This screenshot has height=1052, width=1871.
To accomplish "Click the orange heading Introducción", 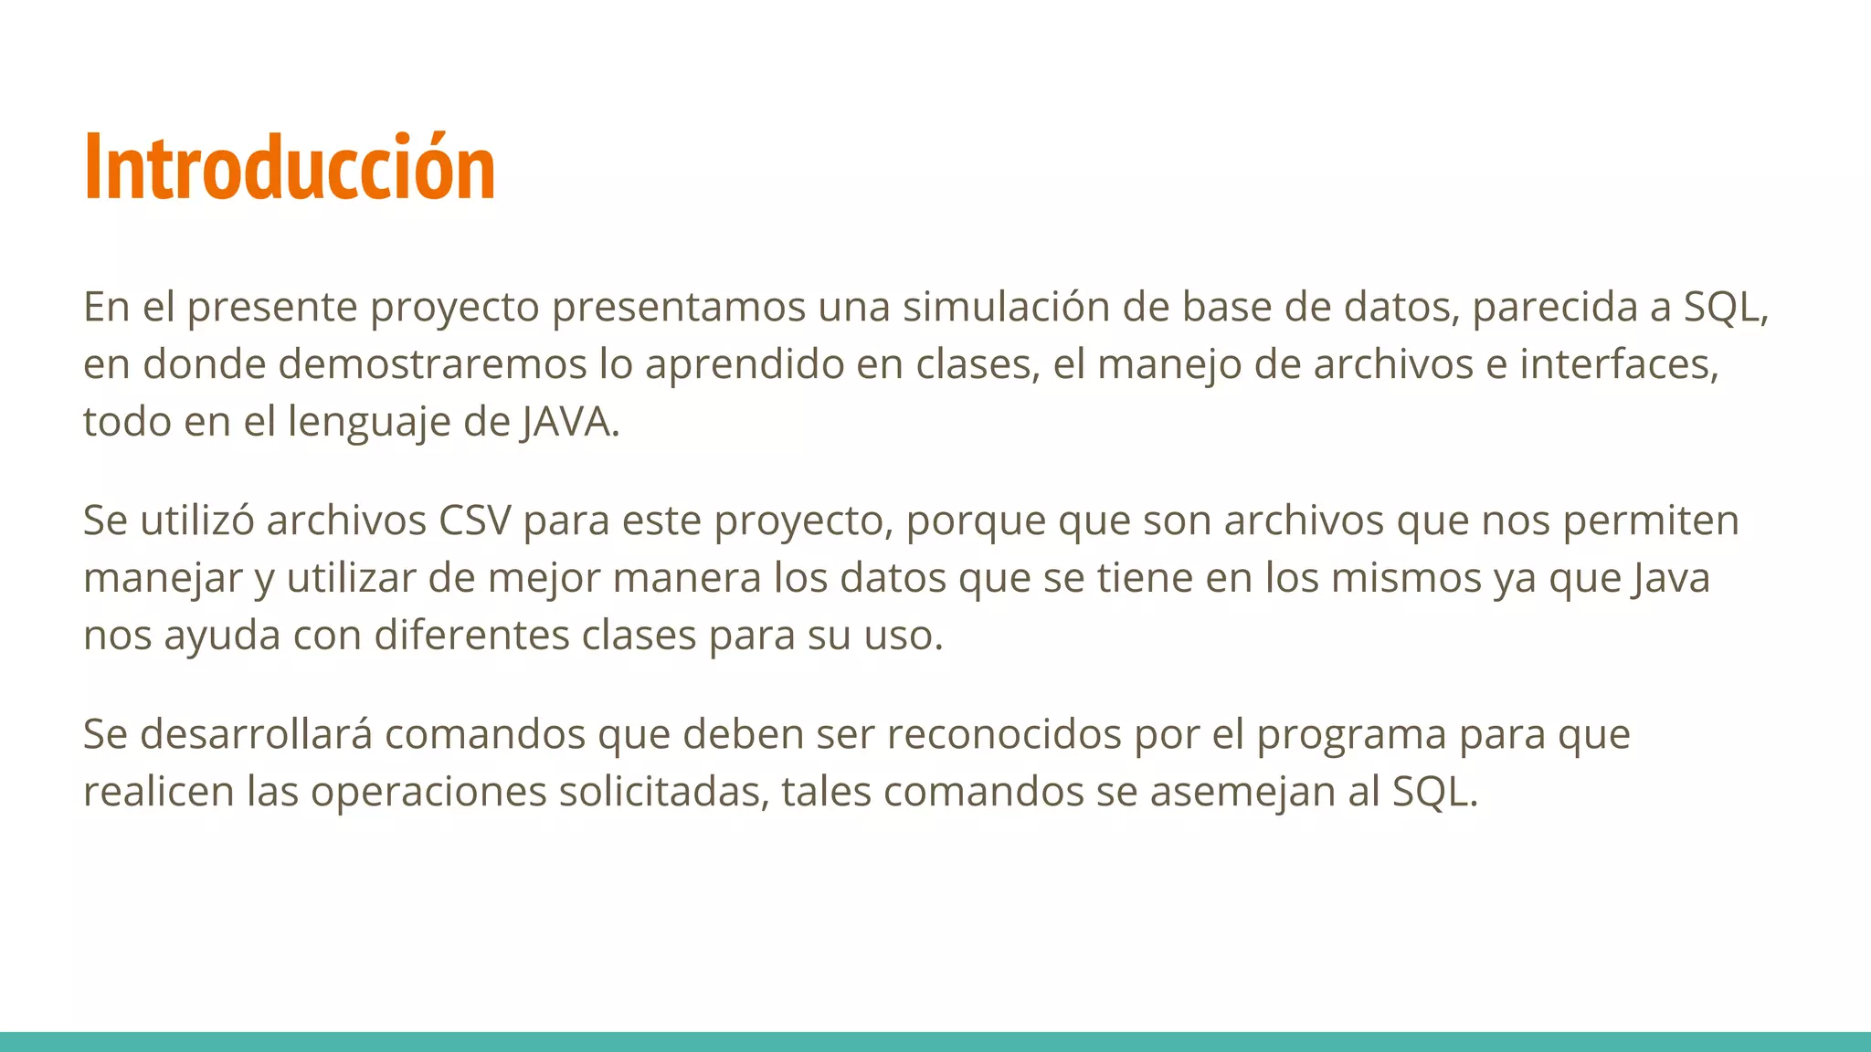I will coord(290,167).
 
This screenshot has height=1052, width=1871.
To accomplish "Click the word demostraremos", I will coord(432,364).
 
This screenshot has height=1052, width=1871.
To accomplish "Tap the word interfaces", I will coord(1618,364).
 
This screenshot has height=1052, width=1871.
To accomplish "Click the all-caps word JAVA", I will coord(567,423).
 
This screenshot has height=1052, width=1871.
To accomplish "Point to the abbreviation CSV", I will coord(475,521).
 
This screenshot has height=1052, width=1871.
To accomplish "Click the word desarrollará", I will coord(256,734).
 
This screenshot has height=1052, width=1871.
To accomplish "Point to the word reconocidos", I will coord(1004,734).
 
